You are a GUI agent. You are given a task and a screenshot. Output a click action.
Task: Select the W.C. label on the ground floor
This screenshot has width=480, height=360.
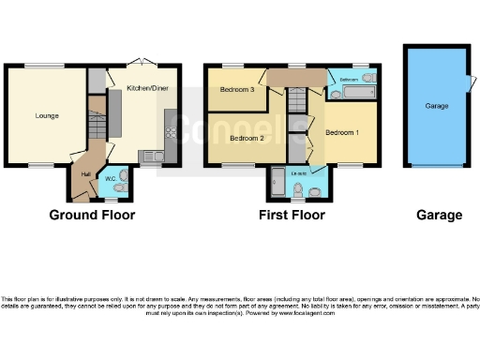(x=111, y=179)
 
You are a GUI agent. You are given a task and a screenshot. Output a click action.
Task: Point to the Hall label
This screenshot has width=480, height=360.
(x=86, y=173)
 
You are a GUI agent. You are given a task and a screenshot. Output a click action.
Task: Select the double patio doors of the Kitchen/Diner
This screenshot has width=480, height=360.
(x=143, y=63)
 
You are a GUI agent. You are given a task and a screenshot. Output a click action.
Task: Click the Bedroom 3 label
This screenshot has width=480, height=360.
(x=236, y=90)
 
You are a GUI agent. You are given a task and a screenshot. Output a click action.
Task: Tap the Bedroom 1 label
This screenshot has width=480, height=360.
(x=341, y=132)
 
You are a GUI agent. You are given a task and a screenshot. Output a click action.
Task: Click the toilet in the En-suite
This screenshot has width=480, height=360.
(x=299, y=193)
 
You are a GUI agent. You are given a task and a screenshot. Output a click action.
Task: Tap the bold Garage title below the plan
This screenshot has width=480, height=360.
(x=439, y=215)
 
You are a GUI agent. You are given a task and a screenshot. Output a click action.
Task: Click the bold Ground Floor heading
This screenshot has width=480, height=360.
(x=92, y=215)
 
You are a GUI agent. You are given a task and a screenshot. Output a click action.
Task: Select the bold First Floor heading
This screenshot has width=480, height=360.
(x=292, y=215)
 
